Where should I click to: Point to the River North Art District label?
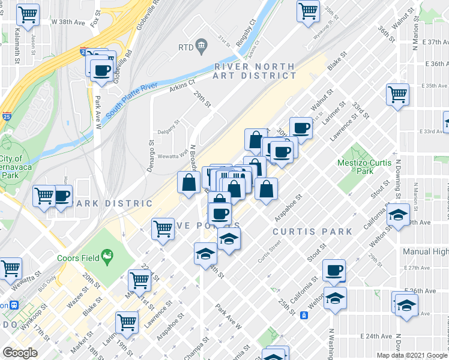click(255, 71)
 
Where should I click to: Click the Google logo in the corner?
click(20, 353)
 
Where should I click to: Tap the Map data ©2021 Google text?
click(412, 355)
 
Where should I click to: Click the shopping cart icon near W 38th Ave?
click(27, 13)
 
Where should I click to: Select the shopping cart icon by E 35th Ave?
click(397, 94)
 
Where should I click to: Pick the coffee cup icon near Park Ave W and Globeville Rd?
click(101, 71)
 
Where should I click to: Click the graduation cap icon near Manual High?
click(397, 215)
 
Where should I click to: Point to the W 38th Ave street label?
click(70, 22)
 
